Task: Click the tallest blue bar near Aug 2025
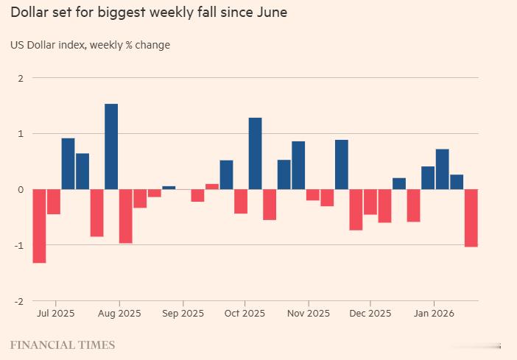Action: (111, 147)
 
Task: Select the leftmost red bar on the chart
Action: (39, 225)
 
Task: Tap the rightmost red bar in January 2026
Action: (471, 217)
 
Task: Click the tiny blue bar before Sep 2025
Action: (169, 188)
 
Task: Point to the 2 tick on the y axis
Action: (20, 78)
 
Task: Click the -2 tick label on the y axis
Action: (18, 301)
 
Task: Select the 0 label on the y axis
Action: (20, 190)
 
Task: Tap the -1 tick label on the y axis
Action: (18, 246)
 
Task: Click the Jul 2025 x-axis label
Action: (54, 313)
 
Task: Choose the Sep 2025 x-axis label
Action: (183, 313)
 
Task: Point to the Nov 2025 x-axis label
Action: (309, 313)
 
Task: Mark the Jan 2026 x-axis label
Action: (433, 313)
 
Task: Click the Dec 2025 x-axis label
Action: (370, 313)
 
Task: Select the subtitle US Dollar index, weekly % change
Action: (90, 45)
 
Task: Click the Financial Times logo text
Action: (63, 345)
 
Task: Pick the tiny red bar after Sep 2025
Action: (212, 186)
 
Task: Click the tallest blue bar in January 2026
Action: (442, 169)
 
